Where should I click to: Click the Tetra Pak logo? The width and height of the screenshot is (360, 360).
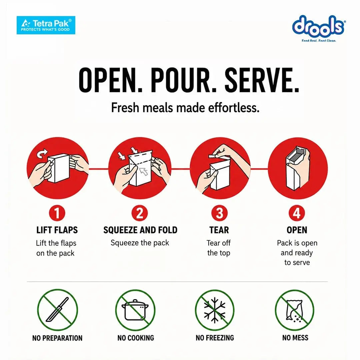(x=46, y=25)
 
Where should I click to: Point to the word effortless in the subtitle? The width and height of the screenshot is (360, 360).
(x=234, y=107)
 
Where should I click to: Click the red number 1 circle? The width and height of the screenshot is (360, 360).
(x=57, y=213)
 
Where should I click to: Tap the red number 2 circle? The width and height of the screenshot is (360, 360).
(x=140, y=213)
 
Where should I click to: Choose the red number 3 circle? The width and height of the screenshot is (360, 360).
(x=219, y=213)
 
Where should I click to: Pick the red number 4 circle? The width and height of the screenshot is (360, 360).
(x=297, y=213)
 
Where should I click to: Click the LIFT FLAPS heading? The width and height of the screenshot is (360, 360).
(x=57, y=230)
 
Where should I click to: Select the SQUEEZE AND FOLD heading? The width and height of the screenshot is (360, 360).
(x=140, y=230)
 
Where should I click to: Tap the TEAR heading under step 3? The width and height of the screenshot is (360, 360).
(x=219, y=230)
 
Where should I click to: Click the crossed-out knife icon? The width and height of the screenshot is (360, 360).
(x=57, y=309)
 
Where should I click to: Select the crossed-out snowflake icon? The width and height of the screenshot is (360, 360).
(x=215, y=310)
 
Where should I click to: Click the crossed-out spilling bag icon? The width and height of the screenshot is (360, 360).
(x=294, y=310)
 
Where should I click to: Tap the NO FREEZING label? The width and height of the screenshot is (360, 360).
(x=215, y=338)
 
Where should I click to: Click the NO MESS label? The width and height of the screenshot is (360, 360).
(x=295, y=338)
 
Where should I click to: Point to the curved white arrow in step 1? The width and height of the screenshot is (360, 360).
(x=42, y=154)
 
